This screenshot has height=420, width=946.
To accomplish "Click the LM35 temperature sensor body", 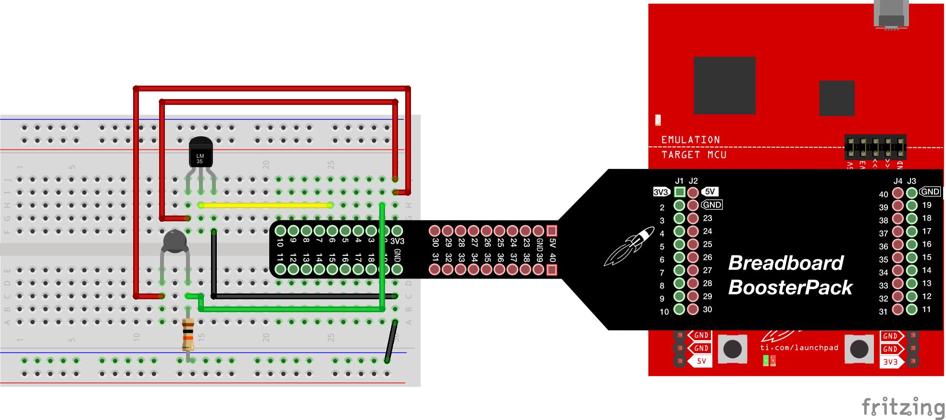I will coord(200,153).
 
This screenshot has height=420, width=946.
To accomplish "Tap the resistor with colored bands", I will coord(188,334).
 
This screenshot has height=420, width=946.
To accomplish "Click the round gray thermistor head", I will coord(174,241).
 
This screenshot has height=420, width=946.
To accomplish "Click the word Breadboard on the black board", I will coord(785,263).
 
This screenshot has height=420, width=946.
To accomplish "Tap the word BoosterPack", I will coord(790,288).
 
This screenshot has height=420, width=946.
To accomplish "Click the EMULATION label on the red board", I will coord(690,140).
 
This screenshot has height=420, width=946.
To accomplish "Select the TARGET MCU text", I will coord(694,155).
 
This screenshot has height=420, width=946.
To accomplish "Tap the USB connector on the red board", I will coord(891,14).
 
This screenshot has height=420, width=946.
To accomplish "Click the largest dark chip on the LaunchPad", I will coord(724,85).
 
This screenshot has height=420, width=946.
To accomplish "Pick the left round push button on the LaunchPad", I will coord(733,349).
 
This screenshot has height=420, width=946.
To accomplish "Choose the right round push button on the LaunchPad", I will coord(859,349).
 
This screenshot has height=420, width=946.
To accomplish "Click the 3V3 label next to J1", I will coord(661,192).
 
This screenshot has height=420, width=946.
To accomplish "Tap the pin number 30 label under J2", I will coord(708,309).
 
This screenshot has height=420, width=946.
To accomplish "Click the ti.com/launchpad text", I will coord(799,347).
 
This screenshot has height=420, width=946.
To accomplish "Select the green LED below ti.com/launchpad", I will coord(766,360).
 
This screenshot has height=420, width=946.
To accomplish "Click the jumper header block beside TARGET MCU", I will coord(875,147).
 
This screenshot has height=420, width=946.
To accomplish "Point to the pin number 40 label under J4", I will coord(884,194).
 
